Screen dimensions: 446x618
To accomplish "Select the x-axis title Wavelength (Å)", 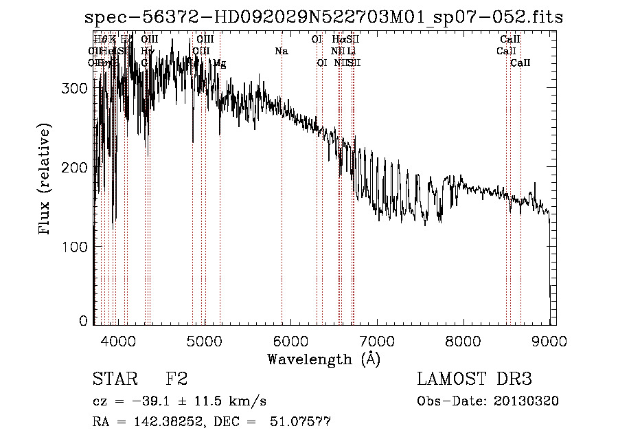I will click(323, 359).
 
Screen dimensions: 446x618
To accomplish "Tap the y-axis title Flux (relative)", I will click(45, 180).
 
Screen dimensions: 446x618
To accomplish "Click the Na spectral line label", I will click(281, 51).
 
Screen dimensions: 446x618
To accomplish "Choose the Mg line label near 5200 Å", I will click(220, 63).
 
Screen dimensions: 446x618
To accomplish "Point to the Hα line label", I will click(339, 39).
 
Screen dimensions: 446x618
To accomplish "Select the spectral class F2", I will click(176, 379).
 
